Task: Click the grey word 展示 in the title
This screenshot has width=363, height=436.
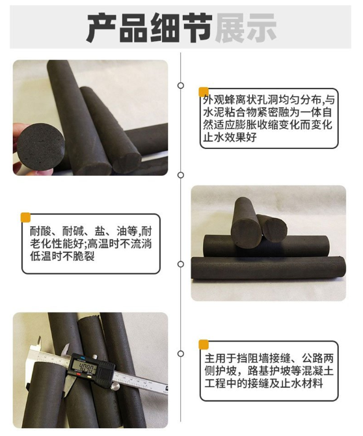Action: tap(246, 28)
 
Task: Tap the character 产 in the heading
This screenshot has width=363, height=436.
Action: tap(101, 28)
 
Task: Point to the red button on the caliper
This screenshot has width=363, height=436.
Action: tap(78, 375)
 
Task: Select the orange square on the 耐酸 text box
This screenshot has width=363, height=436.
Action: tap(25, 217)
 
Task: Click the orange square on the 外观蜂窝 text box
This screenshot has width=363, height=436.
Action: tap(204, 92)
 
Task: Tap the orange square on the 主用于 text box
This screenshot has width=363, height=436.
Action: tap(204, 344)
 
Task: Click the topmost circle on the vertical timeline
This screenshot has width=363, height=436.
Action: tap(181, 86)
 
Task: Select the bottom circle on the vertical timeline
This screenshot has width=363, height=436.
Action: tap(181, 354)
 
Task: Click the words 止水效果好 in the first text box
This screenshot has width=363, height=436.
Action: tap(230, 137)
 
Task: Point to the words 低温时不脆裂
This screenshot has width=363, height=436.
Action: tap(62, 256)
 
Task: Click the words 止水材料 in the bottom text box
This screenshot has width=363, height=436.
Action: tap(301, 384)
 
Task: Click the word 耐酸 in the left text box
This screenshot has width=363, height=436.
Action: tap(40, 231)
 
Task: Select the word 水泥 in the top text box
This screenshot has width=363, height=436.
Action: tap(213, 113)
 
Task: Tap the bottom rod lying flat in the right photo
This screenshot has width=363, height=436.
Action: tap(269, 267)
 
